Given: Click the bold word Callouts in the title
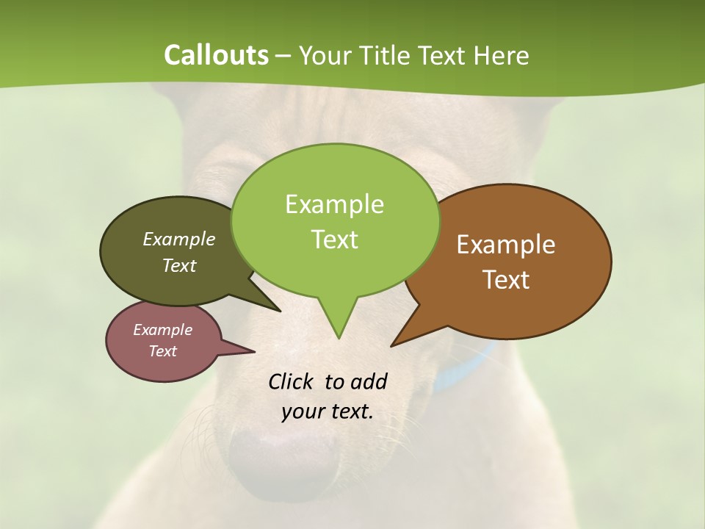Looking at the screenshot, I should click(216, 55).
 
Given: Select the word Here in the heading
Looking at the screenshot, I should click(502, 55).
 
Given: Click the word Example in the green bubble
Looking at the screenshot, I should click(334, 204).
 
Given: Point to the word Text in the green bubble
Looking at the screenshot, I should click(334, 240).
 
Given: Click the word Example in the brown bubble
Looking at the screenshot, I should click(506, 245).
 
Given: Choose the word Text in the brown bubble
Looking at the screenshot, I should click(506, 280).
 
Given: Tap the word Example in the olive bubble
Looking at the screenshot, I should click(179, 239).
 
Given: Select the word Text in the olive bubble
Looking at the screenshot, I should click(179, 265).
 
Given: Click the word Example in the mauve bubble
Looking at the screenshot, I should click(162, 330).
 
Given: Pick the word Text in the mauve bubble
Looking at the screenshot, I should click(162, 351).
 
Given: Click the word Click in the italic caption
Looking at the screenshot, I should click(292, 381).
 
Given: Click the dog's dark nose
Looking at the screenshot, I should click(283, 452).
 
